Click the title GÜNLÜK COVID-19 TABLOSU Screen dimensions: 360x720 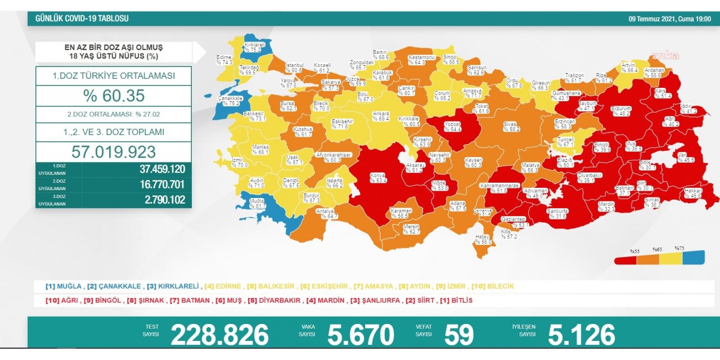pos(82,19)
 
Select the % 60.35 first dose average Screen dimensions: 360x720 pos(114,96)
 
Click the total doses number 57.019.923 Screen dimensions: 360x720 pos(114,152)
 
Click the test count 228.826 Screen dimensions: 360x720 pos(219,335)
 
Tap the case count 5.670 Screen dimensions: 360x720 pos(361,335)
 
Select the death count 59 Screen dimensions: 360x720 pos(459,335)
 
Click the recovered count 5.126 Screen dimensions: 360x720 pos(581,335)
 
